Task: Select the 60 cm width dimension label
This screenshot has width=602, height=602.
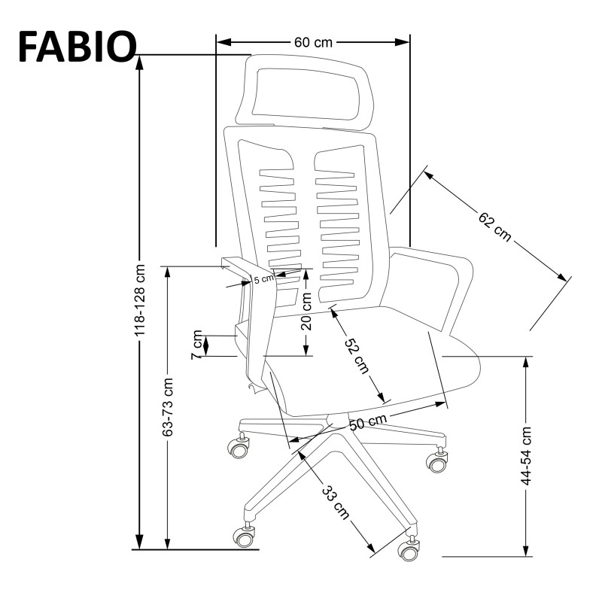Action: pos(312,42)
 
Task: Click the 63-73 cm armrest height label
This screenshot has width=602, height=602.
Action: pos(168,407)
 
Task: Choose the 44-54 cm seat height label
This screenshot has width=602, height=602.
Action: pos(527,455)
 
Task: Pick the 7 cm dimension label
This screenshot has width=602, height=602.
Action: pos(198,345)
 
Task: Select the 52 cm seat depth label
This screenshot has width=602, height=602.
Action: pos(357,355)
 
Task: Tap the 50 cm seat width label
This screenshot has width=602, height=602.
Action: pos(368,422)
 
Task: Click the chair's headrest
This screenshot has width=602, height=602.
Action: pos(306,89)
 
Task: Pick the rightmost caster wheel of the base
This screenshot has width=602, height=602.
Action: pos(436,461)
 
